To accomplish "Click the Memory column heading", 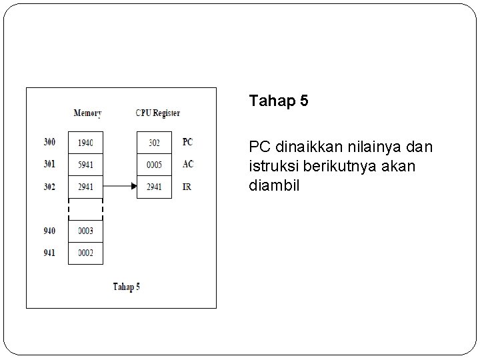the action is (x=87, y=113).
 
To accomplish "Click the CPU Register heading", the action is (x=157, y=113).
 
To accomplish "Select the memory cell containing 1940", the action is (x=85, y=142).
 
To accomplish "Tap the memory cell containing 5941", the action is (x=85, y=164).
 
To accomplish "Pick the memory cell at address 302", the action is (x=85, y=187).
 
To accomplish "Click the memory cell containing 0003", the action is (x=85, y=231).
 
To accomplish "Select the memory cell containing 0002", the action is (x=85, y=253).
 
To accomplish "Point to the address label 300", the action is (x=50, y=142).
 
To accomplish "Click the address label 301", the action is (x=50, y=164).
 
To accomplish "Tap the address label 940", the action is (x=50, y=231).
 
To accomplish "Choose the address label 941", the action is (x=50, y=253).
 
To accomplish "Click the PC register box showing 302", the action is (x=154, y=142).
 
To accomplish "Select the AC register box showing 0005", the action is (x=154, y=164).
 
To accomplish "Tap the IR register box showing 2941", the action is (x=154, y=187).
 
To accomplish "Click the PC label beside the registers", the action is (x=187, y=142).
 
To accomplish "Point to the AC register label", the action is (x=187, y=164).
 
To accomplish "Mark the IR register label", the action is (x=187, y=187).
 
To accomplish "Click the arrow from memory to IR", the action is (x=120, y=187).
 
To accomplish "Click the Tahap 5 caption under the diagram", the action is (x=126, y=287).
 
